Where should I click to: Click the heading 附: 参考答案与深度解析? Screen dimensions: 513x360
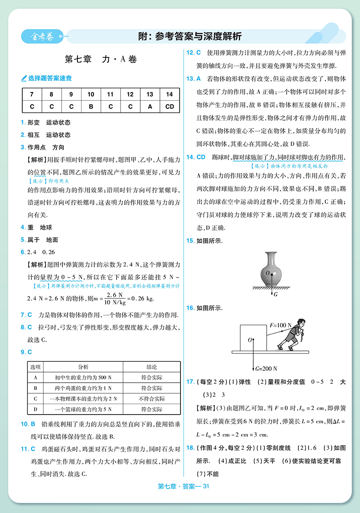pyautogui.click(x=190, y=36)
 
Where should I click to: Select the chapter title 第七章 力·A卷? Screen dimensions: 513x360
pyautogui.click(x=101, y=59)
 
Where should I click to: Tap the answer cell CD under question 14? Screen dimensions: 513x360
pyautogui.click(x=170, y=107)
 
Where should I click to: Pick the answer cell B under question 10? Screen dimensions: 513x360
pyautogui.click(x=91, y=107)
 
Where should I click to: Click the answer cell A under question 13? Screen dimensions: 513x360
pyautogui.click(x=150, y=107)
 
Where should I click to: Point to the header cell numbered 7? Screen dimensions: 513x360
pyautogui.click(x=31, y=94)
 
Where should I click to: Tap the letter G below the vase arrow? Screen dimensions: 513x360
pyautogui.click(x=276, y=294)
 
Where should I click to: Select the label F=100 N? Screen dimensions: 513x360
pyautogui.click(x=281, y=325)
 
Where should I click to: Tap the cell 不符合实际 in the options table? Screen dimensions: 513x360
pyautogui.click(x=152, y=399)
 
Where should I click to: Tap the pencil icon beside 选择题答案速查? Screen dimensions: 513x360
pyautogui.click(x=24, y=78)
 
